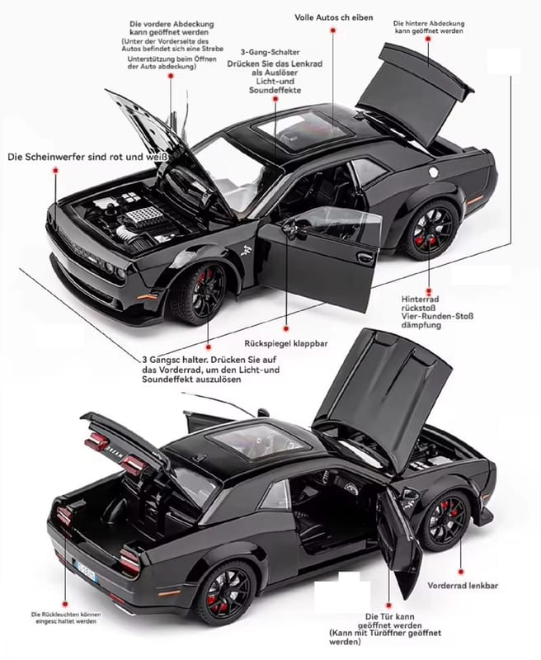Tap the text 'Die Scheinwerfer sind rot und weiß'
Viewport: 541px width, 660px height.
click(87, 156)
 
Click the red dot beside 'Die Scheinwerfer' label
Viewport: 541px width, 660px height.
click(55, 169)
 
